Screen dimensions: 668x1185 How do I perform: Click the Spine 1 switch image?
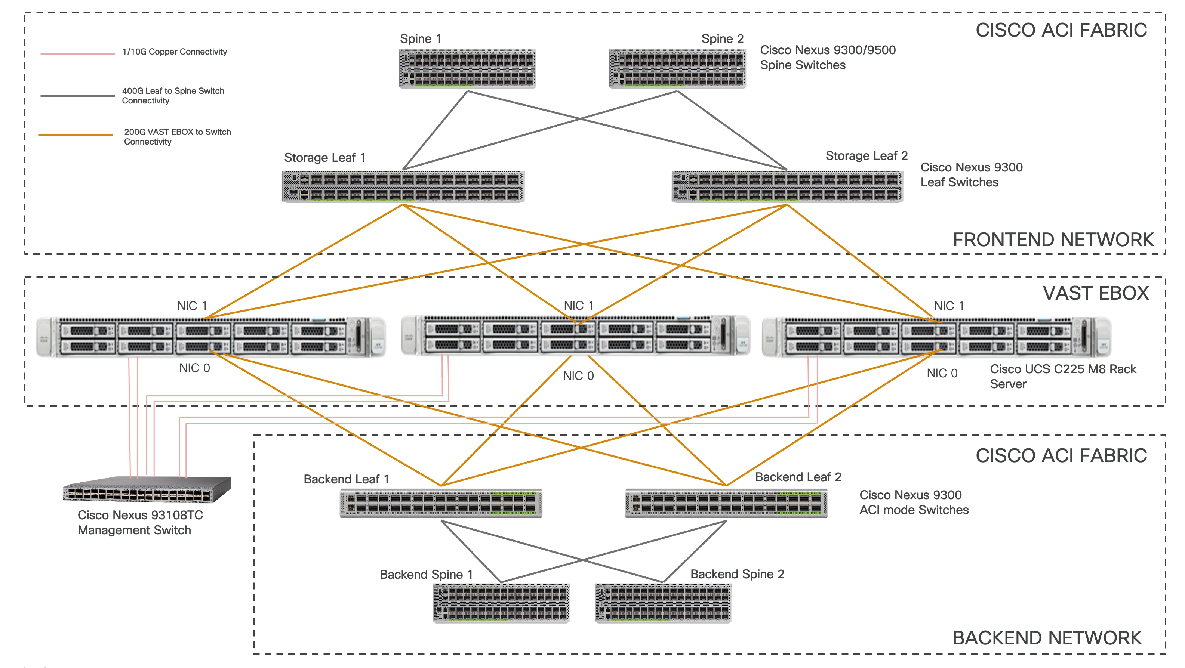(x=467, y=69)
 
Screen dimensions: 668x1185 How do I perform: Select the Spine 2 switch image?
(x=677, y=69)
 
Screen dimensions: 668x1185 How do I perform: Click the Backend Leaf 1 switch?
(x=441, y=503)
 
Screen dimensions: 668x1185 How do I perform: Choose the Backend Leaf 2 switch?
(x=726, y=503)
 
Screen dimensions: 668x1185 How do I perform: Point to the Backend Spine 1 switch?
(x=501, y=603)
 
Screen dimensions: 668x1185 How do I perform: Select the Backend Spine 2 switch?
(x=663, y=603)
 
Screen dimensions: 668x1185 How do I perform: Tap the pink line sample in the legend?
(x=77, y=54)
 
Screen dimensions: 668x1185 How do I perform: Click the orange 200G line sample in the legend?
(x=76, y=135)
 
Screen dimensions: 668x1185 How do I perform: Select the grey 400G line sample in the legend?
(x=77, y=96)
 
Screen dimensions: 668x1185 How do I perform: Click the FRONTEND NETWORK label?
(x=1053, y=240)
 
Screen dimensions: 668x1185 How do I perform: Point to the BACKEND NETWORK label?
(x=1047, y=638)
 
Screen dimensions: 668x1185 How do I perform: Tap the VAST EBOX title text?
(x=1095, y=293)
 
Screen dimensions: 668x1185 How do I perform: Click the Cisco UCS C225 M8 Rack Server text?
(x=1063, y=377)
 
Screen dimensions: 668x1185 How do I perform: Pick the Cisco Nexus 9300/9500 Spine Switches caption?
(x=827, y=58)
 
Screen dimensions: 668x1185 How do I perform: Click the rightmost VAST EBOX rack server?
(x=936, y=337)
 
